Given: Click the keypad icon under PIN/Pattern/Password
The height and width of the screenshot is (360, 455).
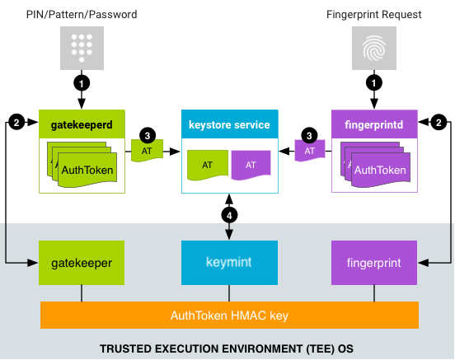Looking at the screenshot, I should point(81,47).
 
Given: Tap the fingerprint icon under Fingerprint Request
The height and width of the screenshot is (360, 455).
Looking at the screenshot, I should point(373,47).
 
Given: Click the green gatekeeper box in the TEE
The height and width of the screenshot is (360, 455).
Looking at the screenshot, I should point(82,263).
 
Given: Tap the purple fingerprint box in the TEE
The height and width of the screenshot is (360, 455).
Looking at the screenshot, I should point(373,263).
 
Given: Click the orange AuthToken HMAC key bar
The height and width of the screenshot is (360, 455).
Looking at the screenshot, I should point(229,315).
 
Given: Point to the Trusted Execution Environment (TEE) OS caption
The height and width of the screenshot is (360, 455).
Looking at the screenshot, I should point(227,348).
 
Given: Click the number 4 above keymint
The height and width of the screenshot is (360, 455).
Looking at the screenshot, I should point(230,215).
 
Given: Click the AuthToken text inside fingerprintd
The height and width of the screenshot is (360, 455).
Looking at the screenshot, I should point(379,171).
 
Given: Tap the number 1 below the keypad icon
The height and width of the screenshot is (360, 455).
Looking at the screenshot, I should point(81,83).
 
